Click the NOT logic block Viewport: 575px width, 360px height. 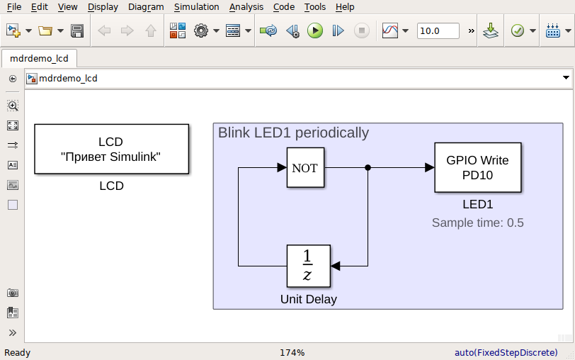pos(305,168)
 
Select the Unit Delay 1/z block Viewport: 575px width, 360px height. pos(308,266)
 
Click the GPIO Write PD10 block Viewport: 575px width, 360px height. pos(477,168)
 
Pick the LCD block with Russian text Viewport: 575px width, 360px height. pos(111,149)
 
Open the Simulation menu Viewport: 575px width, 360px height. pos(196,7)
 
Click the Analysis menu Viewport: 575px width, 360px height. pos(246,7)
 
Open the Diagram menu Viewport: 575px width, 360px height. pos(146,7)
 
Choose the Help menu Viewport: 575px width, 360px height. pos(345,7)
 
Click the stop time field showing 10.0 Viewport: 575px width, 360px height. pos(437,31)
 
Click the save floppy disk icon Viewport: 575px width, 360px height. pos(77,31)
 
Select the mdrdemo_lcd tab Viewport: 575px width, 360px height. pos(39,59)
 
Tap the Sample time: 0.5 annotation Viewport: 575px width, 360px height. pos(477,223)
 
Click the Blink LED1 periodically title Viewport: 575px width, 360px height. pos(293,133)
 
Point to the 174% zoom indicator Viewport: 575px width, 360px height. pos(292,352)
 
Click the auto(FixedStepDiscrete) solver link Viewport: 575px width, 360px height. pos(506,352)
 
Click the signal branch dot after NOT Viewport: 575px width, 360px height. pos(368,168)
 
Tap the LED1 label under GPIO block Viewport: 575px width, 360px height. pos(477,205)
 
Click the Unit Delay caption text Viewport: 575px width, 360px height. pos(308,299)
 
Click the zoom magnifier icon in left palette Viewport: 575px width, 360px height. pos(13,106)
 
